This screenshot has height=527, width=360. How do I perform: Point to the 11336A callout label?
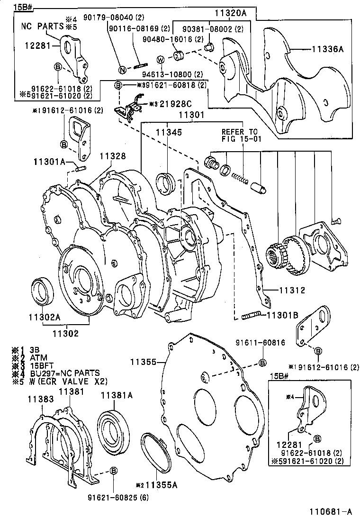point(327,49)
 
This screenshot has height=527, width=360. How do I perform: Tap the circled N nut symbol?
point(122,70)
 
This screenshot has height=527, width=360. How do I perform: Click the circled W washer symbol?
point(160,60)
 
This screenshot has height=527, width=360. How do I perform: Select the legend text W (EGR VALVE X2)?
point(69,381)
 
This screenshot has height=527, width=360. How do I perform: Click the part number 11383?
point(39,400)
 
